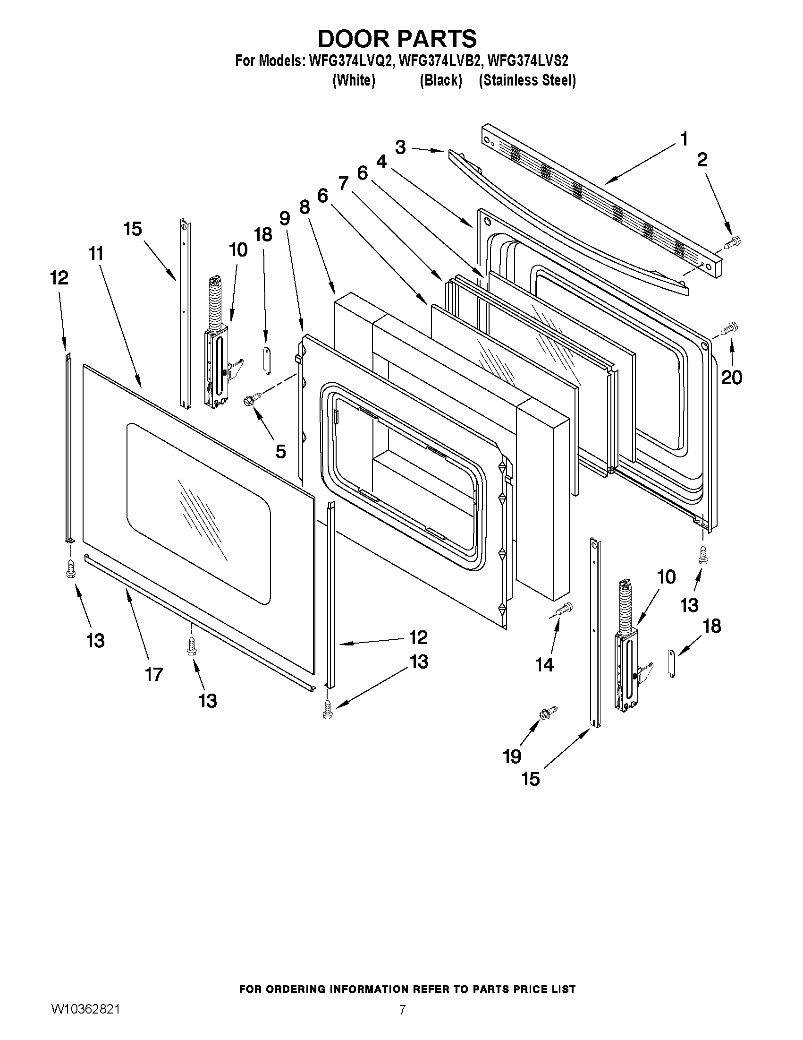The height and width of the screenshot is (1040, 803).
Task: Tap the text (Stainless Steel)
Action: point(527,80)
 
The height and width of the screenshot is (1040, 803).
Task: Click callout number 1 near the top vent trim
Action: point(684,139)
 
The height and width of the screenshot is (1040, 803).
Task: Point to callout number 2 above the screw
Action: point(702,160)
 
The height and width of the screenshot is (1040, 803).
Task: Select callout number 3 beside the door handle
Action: point(400,147)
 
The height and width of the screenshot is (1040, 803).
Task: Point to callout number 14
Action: point(544,664)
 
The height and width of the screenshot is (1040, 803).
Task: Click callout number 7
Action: point(344,183)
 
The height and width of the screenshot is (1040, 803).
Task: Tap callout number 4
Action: point(381,162)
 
